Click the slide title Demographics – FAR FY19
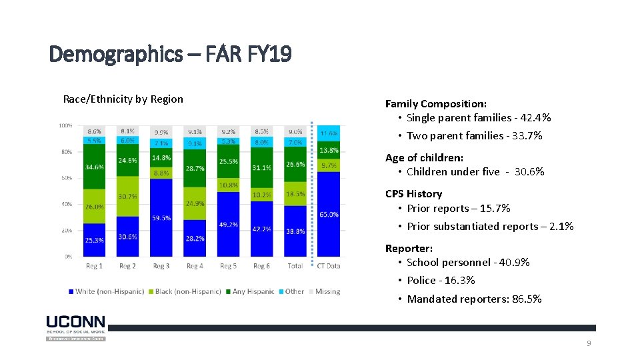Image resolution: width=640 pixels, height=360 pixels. [x=170, y=53]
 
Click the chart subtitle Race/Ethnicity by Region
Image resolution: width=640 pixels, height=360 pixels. [x=123, y=99]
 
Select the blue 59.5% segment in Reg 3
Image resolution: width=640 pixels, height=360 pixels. [x=161, y=217]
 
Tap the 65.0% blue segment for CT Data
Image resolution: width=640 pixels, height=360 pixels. [x=329, y=214]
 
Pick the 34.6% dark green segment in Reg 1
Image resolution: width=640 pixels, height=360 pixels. [x=94, y=167]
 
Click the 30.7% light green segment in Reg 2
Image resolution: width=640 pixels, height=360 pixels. [x=127, y=196]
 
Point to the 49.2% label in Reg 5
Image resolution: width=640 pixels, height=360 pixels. [x=228, y=225]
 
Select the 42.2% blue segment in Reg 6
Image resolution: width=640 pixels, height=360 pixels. [x=261, y=229]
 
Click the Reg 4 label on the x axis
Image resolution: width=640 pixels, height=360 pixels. [x=195, y=266]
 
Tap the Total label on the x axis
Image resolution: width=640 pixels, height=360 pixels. [x=295, y=266]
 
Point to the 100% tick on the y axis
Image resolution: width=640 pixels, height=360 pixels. [x=65, y=125]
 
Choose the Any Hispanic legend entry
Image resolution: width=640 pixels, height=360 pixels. [x=251, y=291]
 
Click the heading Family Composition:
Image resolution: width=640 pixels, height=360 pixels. [x=435, y=103]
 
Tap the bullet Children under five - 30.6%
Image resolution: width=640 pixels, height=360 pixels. [x=475, y=172]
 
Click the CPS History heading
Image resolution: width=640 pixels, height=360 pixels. [x=413, y=193]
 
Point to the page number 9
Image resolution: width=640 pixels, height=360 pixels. [x=589, y=343]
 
